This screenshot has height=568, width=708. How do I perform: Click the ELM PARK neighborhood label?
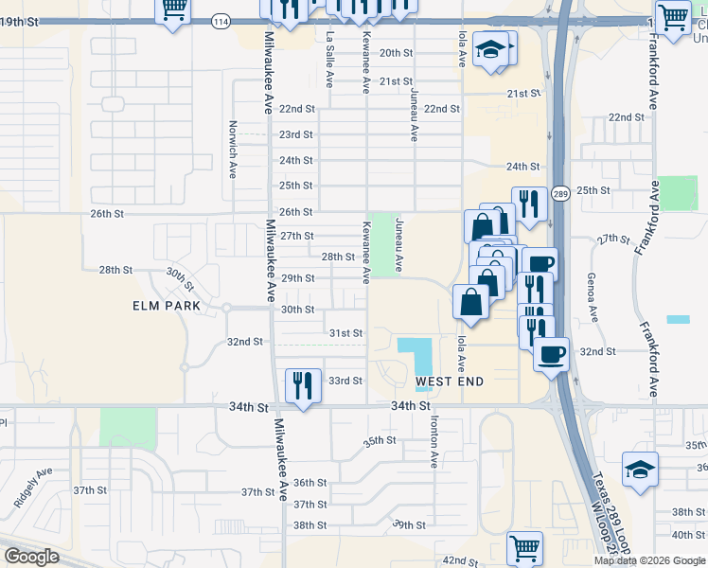pos(167,306)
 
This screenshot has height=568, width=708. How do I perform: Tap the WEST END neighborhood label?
pos(450,382)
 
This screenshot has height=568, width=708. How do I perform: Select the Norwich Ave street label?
pos(233,149)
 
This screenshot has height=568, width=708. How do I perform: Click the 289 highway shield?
pos(560,192)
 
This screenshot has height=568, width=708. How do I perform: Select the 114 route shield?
pos(221,21)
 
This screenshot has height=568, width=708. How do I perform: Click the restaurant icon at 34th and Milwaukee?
pos(303,385)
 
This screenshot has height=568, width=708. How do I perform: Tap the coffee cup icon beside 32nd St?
pos(551,355)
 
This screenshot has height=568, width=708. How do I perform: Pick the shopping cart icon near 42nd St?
pos(523,546)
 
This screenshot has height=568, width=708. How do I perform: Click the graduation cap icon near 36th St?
pos(640,469)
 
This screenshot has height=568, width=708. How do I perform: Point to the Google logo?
pos(31,557)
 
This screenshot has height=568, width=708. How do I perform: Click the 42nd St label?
pos(460,561)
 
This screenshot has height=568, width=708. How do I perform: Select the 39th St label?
pos(410,524)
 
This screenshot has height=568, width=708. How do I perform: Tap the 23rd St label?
pos(295,134)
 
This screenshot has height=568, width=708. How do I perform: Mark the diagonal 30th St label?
pos(180,279)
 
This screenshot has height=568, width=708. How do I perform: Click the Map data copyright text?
pos(649,560)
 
